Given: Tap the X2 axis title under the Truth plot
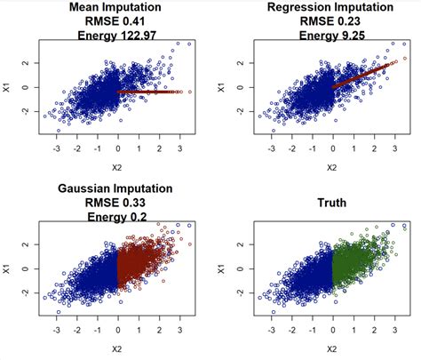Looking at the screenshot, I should coord(331,349).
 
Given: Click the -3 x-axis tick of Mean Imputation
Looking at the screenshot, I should coord(57,151).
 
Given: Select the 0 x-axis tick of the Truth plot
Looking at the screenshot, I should coord(332,332).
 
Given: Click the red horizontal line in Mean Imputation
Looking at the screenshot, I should coord(151,92).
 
